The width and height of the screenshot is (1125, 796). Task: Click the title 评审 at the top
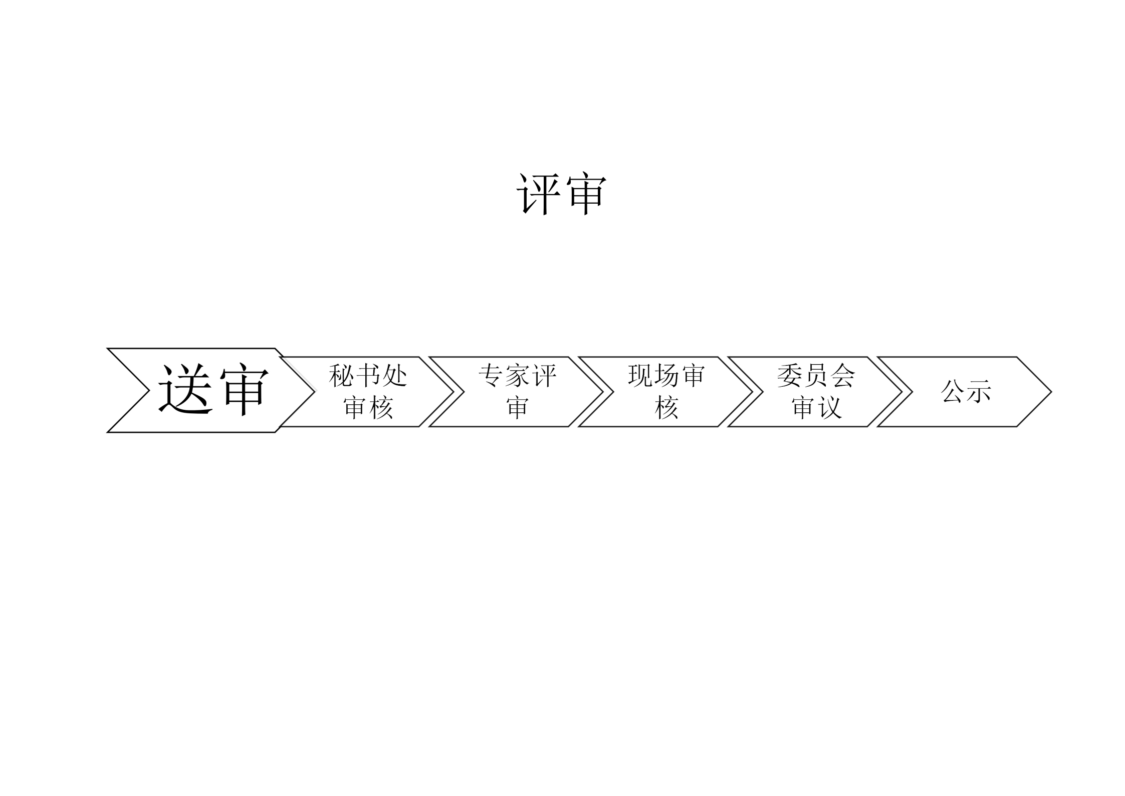(x=561, y=195)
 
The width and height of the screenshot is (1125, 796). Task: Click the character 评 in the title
(x=538, y=195)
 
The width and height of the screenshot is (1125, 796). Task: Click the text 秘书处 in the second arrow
(x=368, y=376)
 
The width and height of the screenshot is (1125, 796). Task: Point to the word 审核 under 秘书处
(x=368, y=407)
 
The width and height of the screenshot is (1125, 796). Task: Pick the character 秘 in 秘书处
(x=341, y=376)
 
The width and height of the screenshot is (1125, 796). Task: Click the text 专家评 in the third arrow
(x=517, y=376)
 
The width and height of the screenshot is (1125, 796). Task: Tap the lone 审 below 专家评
(x=517, y=407)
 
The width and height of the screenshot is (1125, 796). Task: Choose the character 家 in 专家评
(x=517, y=376)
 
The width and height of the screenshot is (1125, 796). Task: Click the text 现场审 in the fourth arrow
(x=666, y=376)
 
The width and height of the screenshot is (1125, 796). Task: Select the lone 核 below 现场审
(x=666, y=407)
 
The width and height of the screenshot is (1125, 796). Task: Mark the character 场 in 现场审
(x=666, y=376)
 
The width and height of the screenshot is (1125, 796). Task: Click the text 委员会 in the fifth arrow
(x=816, y=376)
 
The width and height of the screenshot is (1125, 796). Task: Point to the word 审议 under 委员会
(x=816, y=407)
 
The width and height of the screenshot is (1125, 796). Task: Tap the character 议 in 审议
(x=829, y=407)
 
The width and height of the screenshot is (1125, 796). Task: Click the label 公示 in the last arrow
(x=966, y=391)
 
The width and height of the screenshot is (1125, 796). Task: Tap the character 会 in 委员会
(x=843, y=376)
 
